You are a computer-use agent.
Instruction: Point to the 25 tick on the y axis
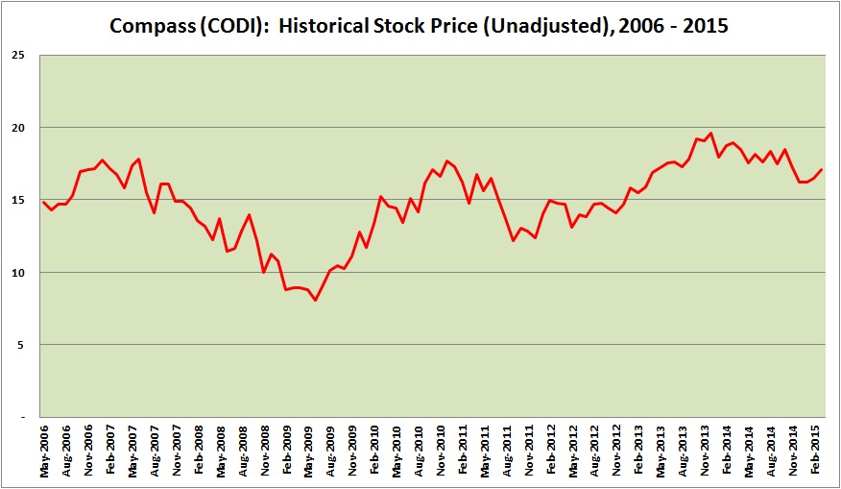point(17,55)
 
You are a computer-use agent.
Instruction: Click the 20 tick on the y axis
point(17,128)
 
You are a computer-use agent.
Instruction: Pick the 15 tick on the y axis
point(17,200)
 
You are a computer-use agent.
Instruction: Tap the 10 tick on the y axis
point(17,273)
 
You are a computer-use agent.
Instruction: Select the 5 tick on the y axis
point(21,345)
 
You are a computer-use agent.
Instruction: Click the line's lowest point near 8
point(315,301)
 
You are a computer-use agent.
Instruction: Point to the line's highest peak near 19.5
point(711,134)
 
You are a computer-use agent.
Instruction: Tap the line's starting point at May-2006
point(43,202)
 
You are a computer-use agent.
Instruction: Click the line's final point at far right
point(823,169)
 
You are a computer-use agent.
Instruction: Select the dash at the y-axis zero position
point(21,417)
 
